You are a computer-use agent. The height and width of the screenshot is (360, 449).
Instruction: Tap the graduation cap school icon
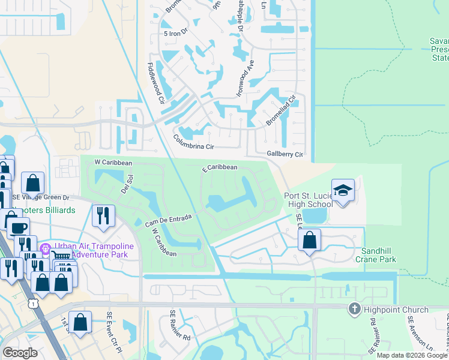click(343, 191)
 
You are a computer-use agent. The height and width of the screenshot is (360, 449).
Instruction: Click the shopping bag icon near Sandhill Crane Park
click(309, 241)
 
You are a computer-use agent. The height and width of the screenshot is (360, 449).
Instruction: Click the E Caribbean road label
click(220, 168)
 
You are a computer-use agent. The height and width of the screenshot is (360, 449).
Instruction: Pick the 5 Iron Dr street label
click(176, 34)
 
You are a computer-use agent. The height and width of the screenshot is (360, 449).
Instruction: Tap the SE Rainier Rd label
click(180, 325)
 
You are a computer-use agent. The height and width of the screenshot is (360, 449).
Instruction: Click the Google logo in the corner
click(20, 353)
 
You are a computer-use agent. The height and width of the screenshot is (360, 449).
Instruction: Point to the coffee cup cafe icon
click(18, 227)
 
